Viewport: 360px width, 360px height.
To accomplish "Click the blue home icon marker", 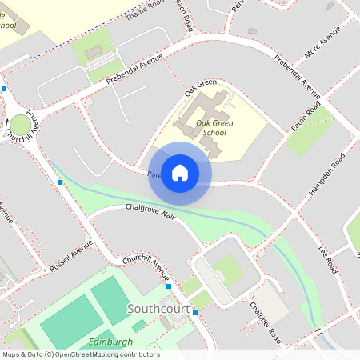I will coord(180,172).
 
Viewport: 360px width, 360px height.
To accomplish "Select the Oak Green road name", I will coord(200,89).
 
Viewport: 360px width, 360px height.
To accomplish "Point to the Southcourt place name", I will coord(158,309).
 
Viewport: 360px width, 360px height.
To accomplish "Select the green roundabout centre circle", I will coord(19,125).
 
